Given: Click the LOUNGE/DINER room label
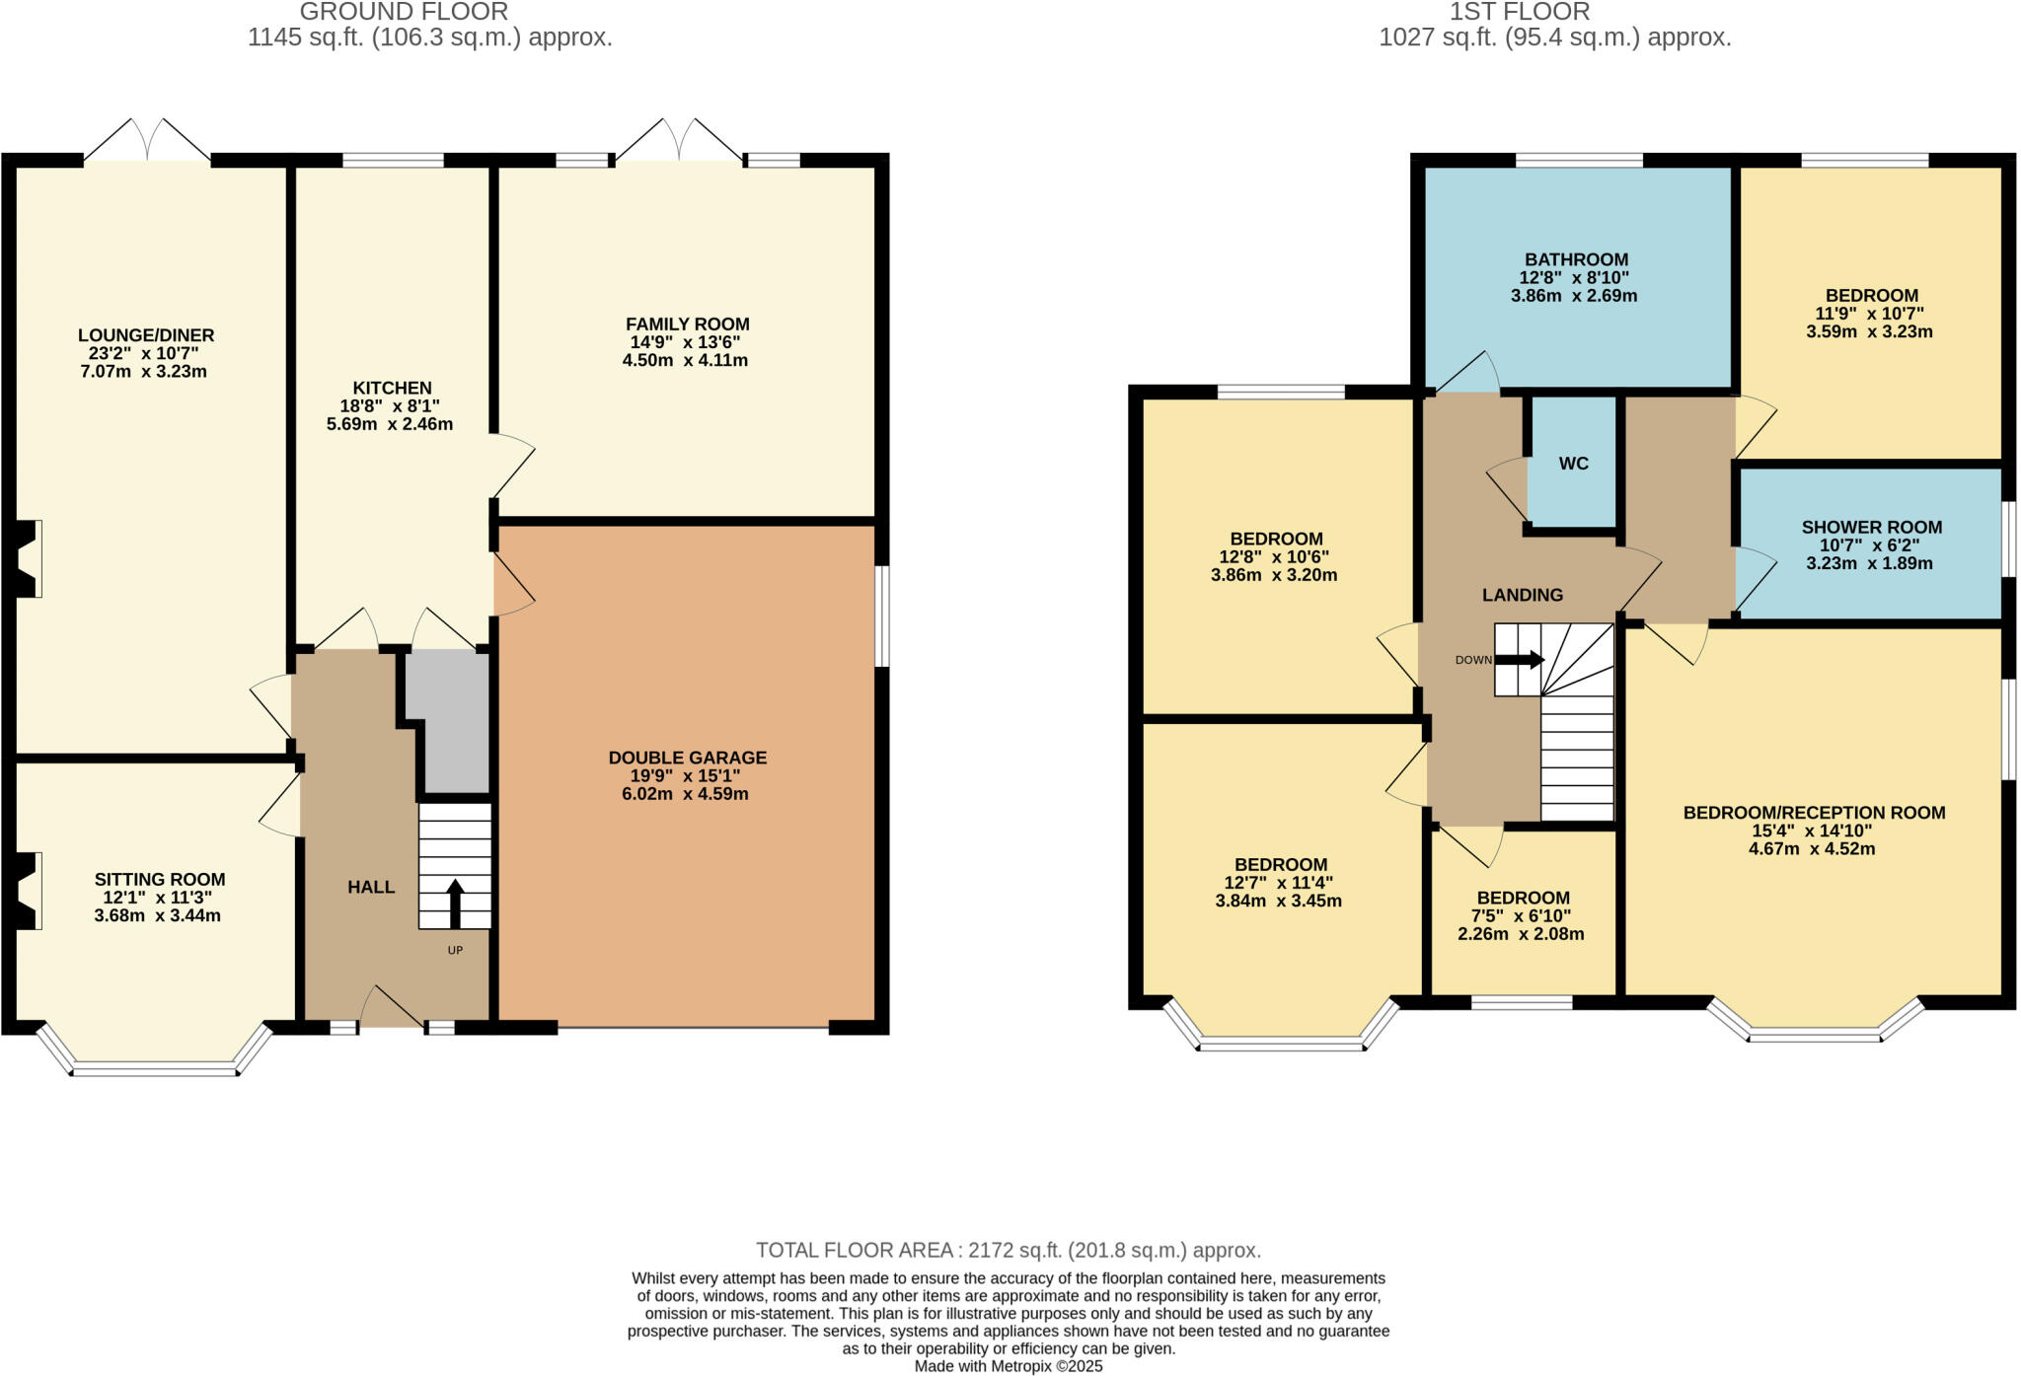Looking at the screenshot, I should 146,335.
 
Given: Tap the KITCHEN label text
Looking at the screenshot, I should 392,388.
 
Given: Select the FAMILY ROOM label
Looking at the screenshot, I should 687,324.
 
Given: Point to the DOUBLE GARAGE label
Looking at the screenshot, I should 687,758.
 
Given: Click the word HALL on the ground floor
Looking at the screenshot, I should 371,887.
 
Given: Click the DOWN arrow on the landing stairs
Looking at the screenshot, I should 1520,660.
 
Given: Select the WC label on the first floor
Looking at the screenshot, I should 1573,464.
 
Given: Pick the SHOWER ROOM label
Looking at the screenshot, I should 1871,527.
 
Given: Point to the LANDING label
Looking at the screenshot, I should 1522,595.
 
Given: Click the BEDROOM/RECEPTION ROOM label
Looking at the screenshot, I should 1814,813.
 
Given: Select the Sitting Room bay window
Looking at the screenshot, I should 155,1065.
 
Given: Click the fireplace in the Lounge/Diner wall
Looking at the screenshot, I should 28,558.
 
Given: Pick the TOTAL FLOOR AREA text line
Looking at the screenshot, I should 1009,1251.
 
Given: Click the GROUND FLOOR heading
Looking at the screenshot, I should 404,13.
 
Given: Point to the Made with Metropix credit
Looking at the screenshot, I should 1009,1366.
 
